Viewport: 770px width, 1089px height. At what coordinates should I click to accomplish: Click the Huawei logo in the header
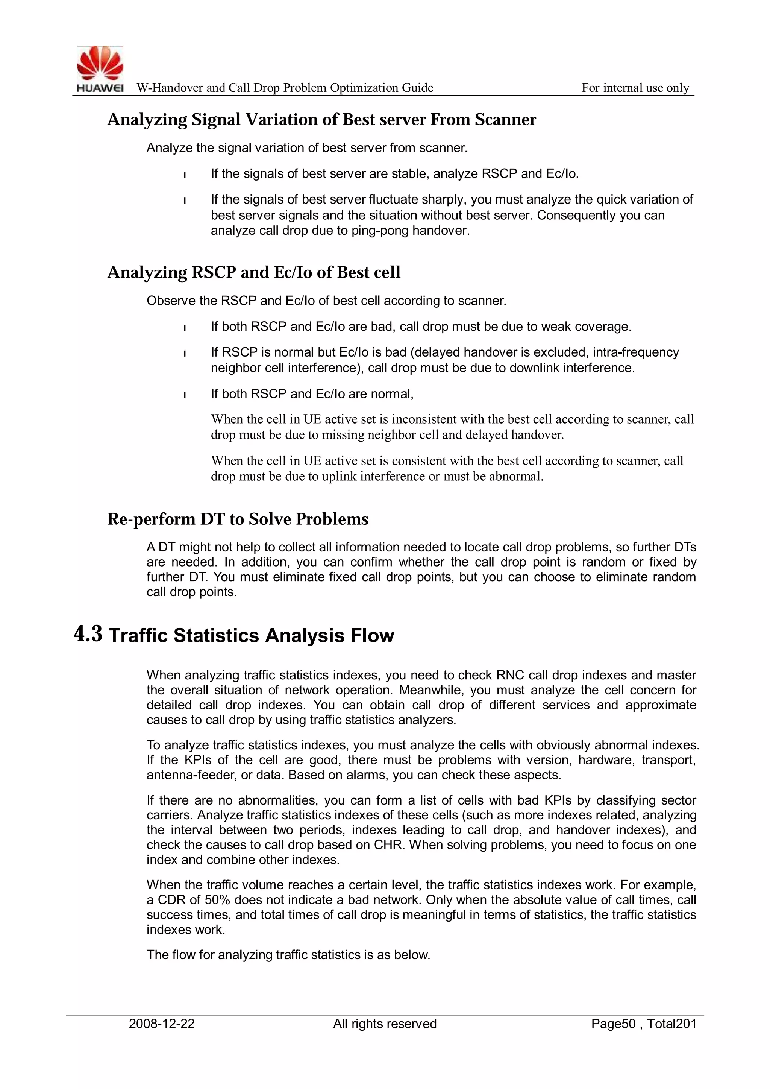[x=100, y=69]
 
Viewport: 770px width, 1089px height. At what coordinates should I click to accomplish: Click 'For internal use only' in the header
[x=635, y=88]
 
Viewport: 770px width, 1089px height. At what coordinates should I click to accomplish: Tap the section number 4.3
[x=88, y=635]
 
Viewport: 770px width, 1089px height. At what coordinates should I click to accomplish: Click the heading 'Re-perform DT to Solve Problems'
[x=238, y=519]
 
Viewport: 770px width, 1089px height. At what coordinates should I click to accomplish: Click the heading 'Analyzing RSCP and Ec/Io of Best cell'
[x=254, y=272]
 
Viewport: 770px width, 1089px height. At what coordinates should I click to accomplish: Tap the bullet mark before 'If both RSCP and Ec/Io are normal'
[x=185, y=395]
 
